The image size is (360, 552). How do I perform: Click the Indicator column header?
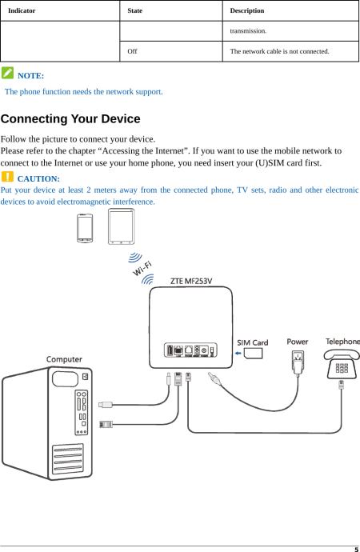point(22,10)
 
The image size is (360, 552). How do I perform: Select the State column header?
point(134,10)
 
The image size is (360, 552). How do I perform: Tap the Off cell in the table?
point(132,51)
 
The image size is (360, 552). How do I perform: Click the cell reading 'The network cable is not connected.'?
point(280,51)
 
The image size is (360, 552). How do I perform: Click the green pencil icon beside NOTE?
point(7,73)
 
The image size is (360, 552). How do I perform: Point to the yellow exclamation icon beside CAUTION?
point(7,176)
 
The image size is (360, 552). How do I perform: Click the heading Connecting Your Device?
point(70,118)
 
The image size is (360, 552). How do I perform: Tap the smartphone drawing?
point(85,228)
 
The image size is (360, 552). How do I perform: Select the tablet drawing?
point(121,226)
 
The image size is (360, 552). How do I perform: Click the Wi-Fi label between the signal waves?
point(142,269)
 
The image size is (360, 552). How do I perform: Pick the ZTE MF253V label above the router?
point(191,281)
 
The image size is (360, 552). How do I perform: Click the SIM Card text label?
point(252,342)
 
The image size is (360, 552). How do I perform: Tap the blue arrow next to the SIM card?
point(238,353)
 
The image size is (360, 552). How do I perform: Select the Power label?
point(298,342)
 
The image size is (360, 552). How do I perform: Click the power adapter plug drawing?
point(298,362)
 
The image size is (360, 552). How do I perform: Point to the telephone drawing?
point(342,364)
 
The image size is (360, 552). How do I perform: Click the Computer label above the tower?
point(64,359)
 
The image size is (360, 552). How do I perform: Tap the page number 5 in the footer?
point(357,550)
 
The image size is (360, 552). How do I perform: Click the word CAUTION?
point(38,179)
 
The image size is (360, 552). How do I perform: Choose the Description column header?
point(247,10)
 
